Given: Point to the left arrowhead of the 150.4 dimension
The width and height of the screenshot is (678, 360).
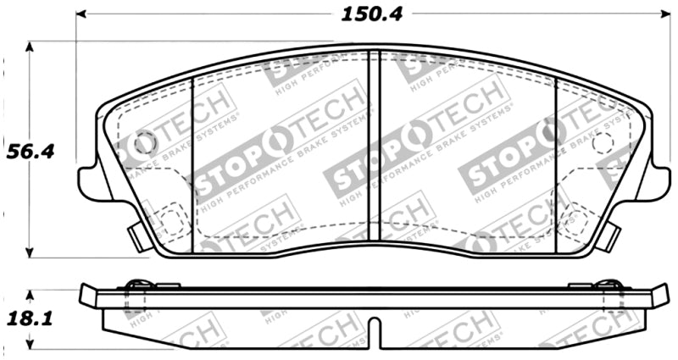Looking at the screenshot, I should tap(82, 14).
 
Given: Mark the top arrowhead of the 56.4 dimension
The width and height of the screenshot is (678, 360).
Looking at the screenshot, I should tap(31, 47).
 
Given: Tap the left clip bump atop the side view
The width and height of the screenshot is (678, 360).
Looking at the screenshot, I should tap(136, 284).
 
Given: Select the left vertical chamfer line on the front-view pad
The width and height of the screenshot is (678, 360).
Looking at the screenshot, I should tap(195, 161).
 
